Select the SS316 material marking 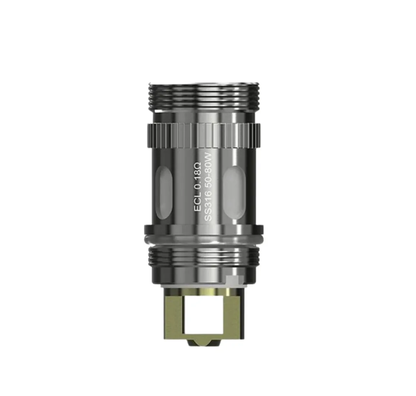pos(208,209)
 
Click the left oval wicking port pos(165,190)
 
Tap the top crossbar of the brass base pos(203,292)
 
